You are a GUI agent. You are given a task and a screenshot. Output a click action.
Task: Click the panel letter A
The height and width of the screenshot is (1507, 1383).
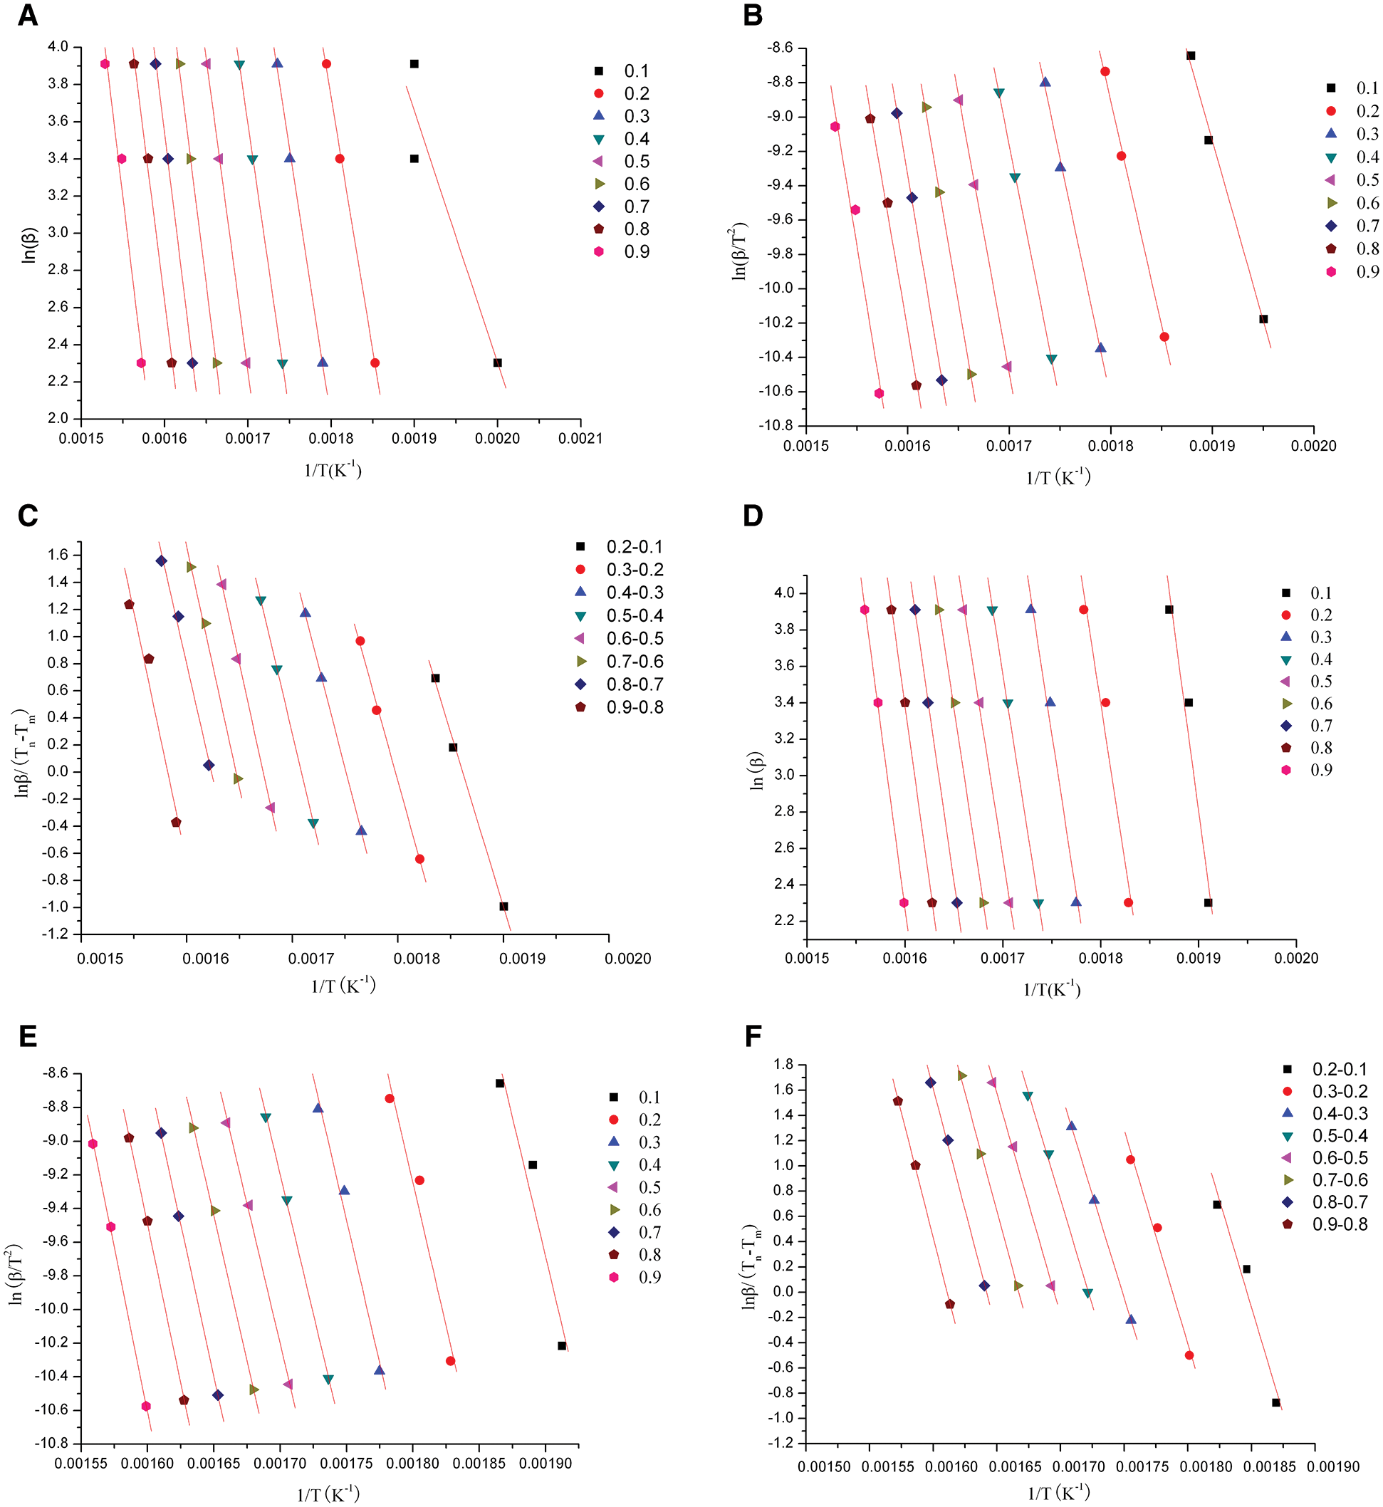pos(28,15)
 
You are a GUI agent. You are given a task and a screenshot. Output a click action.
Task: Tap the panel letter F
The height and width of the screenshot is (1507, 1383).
pos(753,1036)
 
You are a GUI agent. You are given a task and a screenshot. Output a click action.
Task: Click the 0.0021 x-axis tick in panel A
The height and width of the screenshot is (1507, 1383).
pos(580,439)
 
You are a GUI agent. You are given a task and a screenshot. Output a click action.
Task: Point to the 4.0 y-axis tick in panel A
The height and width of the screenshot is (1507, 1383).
pos(58,47)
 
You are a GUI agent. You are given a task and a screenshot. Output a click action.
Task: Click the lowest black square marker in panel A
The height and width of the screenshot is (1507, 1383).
pos(498,363)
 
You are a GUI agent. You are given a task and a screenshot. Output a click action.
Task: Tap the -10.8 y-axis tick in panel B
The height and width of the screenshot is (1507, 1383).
pos(778,426)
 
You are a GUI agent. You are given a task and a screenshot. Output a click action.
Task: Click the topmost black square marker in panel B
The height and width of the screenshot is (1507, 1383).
pos(1191,56)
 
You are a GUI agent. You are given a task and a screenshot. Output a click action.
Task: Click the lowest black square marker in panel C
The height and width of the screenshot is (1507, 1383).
pos(503,906)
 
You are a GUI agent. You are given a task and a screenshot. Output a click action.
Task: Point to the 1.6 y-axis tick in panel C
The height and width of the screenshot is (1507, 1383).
pos(58,555)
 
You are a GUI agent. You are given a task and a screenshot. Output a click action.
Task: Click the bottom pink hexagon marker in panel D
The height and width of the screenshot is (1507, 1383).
pos(904,902)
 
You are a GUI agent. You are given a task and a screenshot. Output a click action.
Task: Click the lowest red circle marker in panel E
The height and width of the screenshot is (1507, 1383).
pos(451,1361)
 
